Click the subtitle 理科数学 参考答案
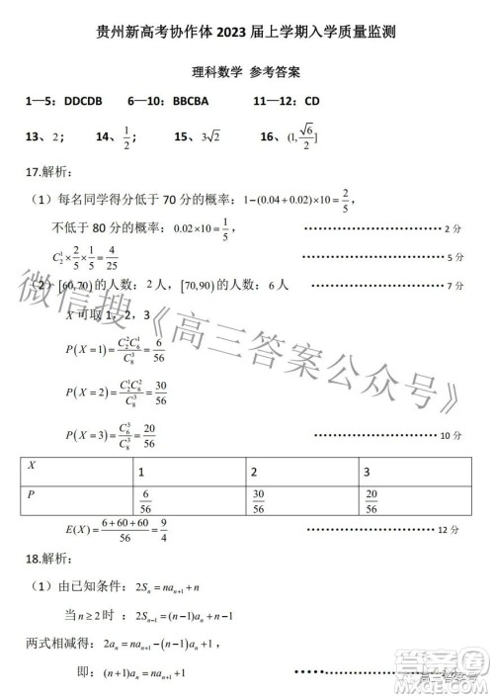click(x=247, y=72)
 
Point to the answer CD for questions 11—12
click(x=312, y=101)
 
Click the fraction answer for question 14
click(x=127, y=138)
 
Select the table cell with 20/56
click(x=371, y=502)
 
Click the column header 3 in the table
click(x=368, y=472)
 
